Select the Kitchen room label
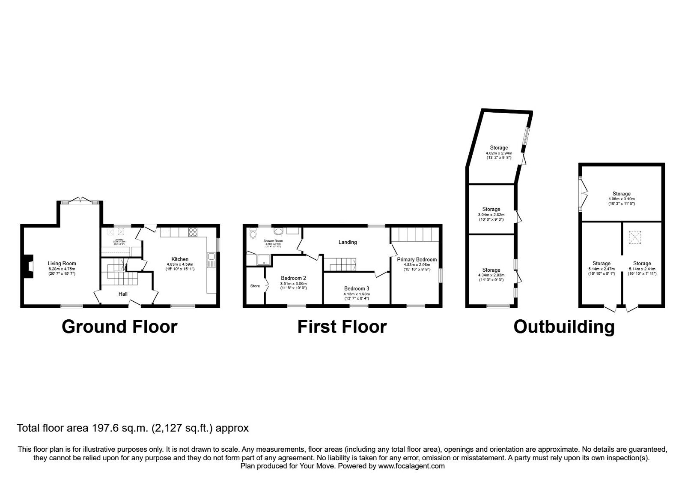[x=180, y=259]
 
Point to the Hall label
[x=123, y=294]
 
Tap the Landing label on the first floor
[x=347, y=242]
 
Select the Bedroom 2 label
[x=293, y=278]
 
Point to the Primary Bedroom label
[x=417, y=259]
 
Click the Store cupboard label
[x=255, y=286]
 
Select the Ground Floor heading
[x=119, y=327]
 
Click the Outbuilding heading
[x=564, y=327]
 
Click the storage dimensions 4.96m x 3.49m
[x=621, y=199]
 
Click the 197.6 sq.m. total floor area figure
[x=119, y=428]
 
